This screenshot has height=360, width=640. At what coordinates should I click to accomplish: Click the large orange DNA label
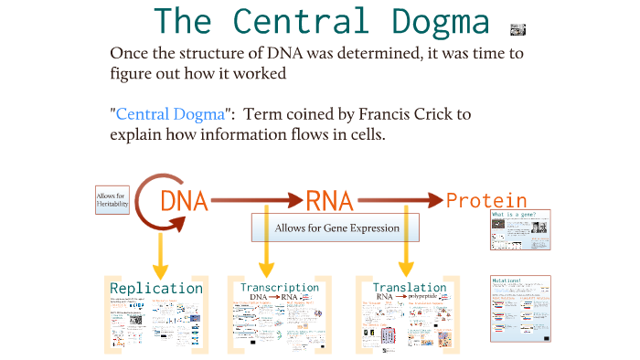(183, 200)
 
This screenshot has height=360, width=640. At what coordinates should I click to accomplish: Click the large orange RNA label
(330, 200)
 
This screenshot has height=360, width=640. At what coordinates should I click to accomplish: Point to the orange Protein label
(486, 200)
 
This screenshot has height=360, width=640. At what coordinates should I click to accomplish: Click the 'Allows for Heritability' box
(112, 200)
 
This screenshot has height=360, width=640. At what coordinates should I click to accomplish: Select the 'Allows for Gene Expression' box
(336, 228)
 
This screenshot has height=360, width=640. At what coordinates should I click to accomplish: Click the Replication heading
(156, 289)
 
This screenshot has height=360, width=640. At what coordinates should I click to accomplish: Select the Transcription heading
(280, 287)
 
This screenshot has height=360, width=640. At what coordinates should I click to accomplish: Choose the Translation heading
(410, 287)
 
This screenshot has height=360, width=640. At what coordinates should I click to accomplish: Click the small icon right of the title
(517, 27)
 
